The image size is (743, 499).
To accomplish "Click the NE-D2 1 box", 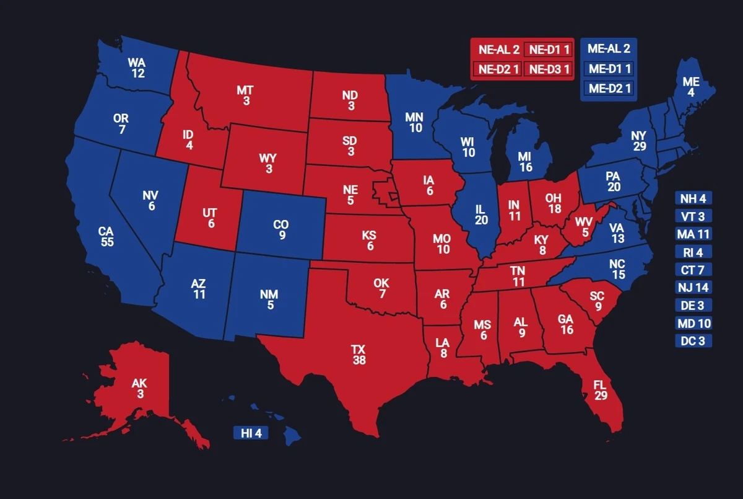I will pyautogui.click(x=497, y=69).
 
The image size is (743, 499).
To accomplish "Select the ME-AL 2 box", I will pyautogui.click(x=608, y=49).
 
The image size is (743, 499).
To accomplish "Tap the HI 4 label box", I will pyautogui.click(x=251, y=433).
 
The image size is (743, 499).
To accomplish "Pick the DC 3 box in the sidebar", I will pyautogui.click(x=693, y=341).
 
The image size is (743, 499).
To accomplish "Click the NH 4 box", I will pyautogui.click(x=693, y=198).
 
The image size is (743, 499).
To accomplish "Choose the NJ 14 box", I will pyautogui.click(x=693, y=288).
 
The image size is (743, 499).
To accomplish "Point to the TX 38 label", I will pyautogui.click(x=359, y=354).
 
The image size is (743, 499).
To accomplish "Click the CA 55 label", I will pyautogui.click(x=106, y=236).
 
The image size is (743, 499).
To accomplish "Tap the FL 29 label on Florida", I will pyautogui.click(x=600, y=391).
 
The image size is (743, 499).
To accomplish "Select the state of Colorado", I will pyautogui.click(x=280, y=229).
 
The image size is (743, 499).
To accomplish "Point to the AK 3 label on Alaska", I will pyautogui.click(x=139, y=389).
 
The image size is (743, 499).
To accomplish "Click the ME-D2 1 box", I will pyautogui.click(x=608, y=89).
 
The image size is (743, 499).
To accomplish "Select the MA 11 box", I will pyautogui.click(x=693, y=234).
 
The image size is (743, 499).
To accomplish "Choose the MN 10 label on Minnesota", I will pyautogui.click(x=414, y=122).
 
